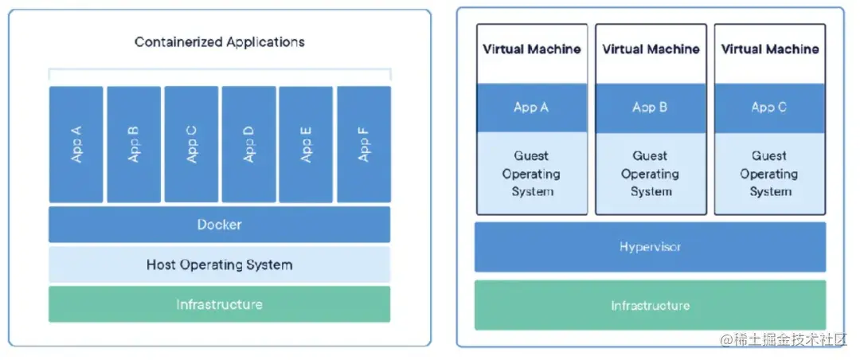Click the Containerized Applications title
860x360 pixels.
coord(219,42)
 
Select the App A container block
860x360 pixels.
coord(76,144)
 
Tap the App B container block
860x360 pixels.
coord(134,144)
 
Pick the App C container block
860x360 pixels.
coord(191,144)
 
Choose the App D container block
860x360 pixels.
coord(248,144)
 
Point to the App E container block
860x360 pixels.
coord(306,144)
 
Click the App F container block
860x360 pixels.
coord(364,144)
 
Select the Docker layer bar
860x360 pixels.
coord(219,225)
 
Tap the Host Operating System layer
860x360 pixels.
coord(219,264)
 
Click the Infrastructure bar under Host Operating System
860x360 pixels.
coord(219,304)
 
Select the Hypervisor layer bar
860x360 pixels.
coord(650,247)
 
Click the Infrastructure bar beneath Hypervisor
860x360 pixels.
coord(650,305)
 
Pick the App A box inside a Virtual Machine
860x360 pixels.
coord(531,108)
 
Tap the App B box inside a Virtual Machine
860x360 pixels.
coord(651,108)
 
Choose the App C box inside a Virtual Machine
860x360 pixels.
coord(769,108)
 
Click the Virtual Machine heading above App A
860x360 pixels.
coord(531,49)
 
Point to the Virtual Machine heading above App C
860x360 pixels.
coord(769,49)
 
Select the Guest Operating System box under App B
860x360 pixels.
coord(651,174)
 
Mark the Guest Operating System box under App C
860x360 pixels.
coord(769,174)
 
